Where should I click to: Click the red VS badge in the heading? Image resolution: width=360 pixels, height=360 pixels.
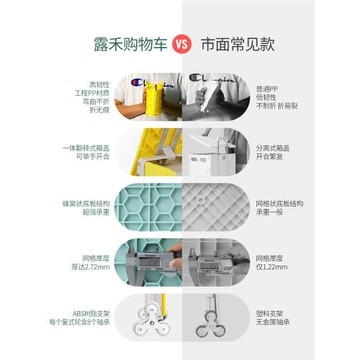(x=180, y=45)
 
